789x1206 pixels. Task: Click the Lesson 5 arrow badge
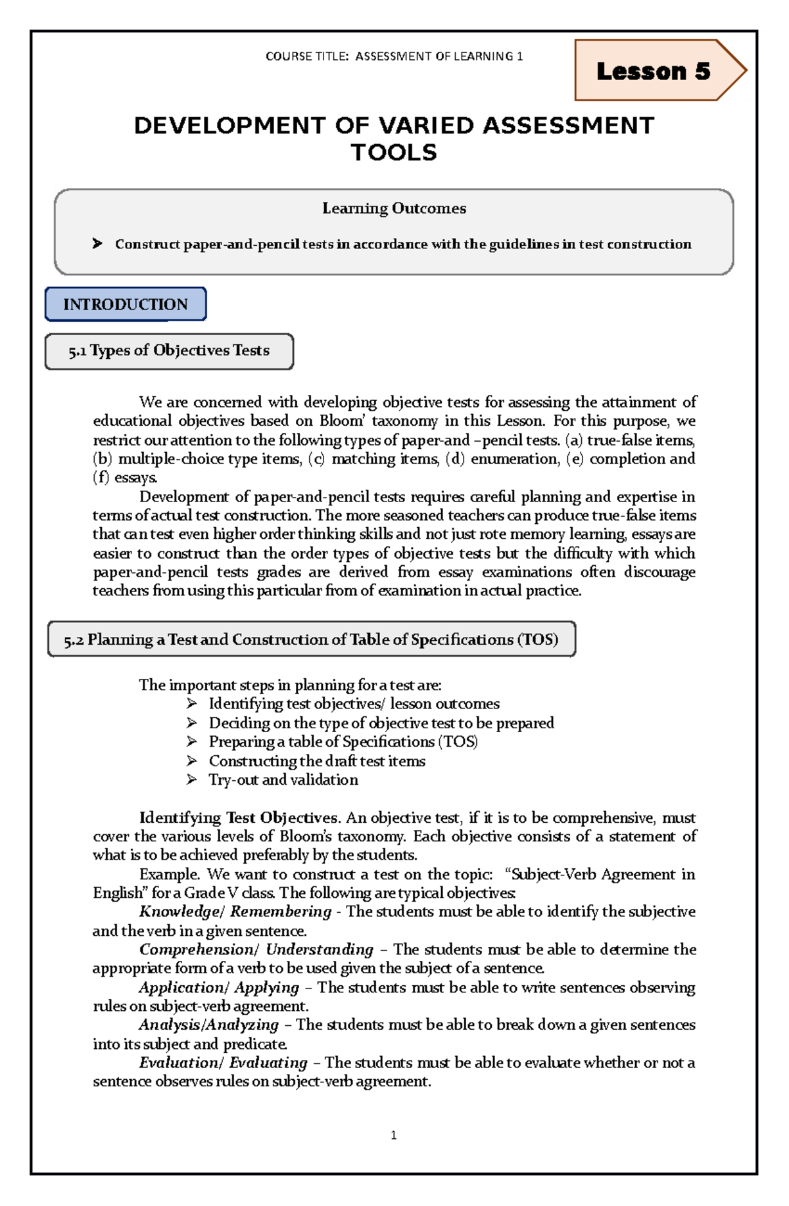pos(654,71)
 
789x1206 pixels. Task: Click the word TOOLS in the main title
pos(394,152)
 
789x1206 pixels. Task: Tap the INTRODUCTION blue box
pos(126,304)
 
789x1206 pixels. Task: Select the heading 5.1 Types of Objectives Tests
pos(169,351)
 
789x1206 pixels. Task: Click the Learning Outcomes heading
pos(394,208)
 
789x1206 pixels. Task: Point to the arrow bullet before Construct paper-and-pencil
pos(98,244)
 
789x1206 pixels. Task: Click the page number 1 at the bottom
pos(393,1135)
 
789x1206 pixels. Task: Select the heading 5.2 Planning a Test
pos(311,639)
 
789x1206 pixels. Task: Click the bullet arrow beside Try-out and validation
pos(191,779)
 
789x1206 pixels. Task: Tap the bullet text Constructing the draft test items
pos(317,761)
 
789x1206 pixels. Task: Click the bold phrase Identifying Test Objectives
pos(239,818)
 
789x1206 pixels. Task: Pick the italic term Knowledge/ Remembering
pos(235,912)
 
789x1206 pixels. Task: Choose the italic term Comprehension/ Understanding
pos(256,950)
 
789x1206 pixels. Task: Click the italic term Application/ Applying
pos(219,987)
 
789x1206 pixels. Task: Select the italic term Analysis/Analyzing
pos(209,1025)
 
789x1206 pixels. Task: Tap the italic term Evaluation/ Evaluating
pos(223,1063)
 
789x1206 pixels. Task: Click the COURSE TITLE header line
pos(394,57)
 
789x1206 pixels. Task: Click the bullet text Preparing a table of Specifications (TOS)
pos(343,742)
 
